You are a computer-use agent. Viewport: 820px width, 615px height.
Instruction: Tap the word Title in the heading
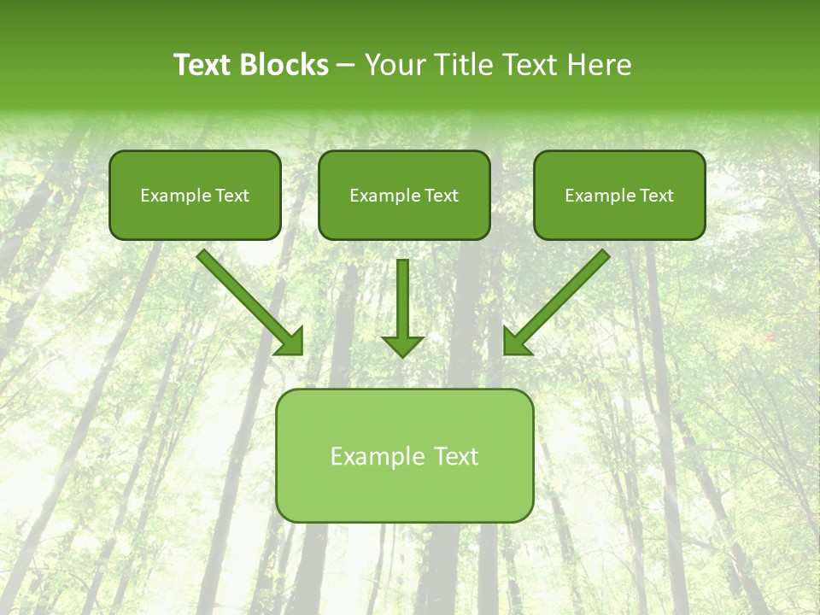[459, 65]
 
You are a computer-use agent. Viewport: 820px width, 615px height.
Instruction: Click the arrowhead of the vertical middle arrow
[402, 345]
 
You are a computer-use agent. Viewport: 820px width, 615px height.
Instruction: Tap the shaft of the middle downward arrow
[402, 295]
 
